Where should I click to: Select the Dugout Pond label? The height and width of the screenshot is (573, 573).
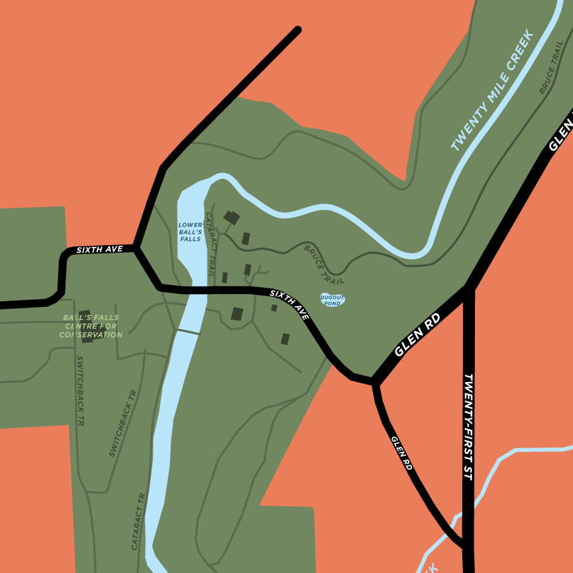(332, 300)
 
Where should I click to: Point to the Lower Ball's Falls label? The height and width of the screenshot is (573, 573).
(190, 232)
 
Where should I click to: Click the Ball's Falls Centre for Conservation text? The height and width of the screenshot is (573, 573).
(91, 326)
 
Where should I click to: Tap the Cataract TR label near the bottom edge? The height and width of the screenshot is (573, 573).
(139, 521)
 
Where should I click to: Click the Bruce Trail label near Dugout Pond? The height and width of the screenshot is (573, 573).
(324, 264)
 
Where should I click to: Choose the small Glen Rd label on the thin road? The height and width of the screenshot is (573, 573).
(402, 453)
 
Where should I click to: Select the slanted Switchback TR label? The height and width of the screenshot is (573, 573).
(123, 423)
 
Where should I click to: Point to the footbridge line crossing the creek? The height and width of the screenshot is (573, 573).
(188, 332)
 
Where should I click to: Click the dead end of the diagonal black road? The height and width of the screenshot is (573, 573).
(297, 29)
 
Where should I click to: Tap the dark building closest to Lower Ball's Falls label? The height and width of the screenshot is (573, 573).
(231, 218)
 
